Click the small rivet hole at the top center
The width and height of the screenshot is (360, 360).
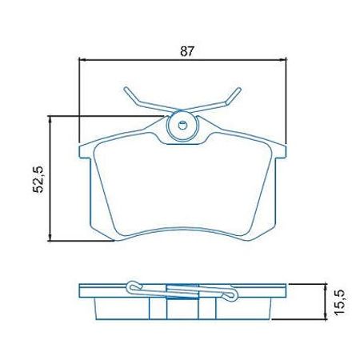pyautogui.click(x=182, y=125)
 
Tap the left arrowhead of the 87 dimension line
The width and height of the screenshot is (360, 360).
pyautogui.click(x=82, y=60)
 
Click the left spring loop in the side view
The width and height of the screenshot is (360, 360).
pyautogui.click(x=134, y=285)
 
